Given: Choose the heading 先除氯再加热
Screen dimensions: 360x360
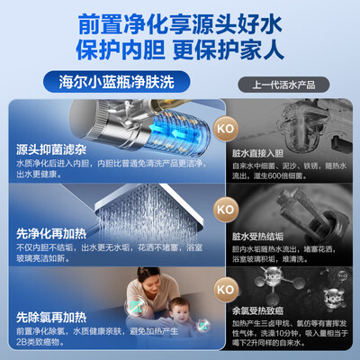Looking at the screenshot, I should click(x=50, y=317).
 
